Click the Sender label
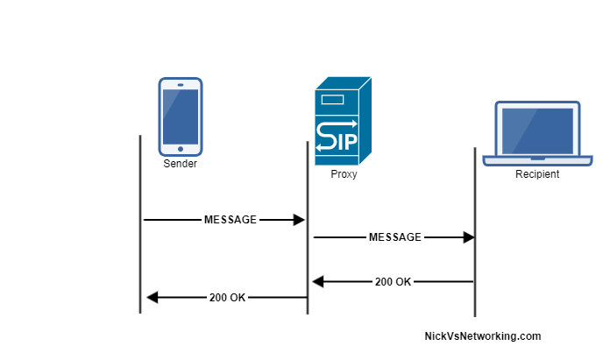tap(181, 164)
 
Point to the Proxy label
tap(344, 174)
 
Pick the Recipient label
tap(537, 174)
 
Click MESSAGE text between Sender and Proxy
tap(231, 220)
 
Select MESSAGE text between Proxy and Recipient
tap(395, 236)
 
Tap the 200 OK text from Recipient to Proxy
tap(393, 282)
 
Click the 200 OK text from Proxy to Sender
tap(228, 298)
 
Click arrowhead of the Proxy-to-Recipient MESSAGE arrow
tap(468, 236)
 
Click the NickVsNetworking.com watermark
tap(482, 336)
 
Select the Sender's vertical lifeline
tap(140, 263)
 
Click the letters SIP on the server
tap(337, 138)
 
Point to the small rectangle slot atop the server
tap(333, 100)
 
